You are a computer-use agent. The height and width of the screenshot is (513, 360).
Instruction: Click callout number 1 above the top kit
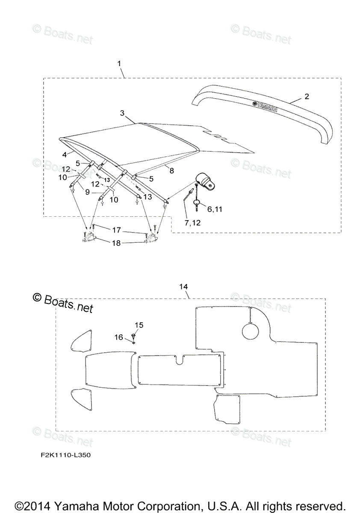point(119,63)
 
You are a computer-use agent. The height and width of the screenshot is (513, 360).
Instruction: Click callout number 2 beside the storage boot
point(307,97)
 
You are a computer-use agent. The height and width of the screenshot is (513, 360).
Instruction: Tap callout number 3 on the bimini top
point(122,113)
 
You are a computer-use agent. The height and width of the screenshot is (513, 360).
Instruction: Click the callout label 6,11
point(215,209)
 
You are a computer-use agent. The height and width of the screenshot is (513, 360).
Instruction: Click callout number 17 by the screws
point(116,230)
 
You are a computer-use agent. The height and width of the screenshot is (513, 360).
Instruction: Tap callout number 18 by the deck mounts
point(116,243)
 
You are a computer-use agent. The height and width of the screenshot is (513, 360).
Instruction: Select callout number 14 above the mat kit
point(184,286)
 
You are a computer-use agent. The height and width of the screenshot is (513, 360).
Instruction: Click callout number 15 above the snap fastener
point(139,325)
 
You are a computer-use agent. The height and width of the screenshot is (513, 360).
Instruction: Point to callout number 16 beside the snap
point(118,337)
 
